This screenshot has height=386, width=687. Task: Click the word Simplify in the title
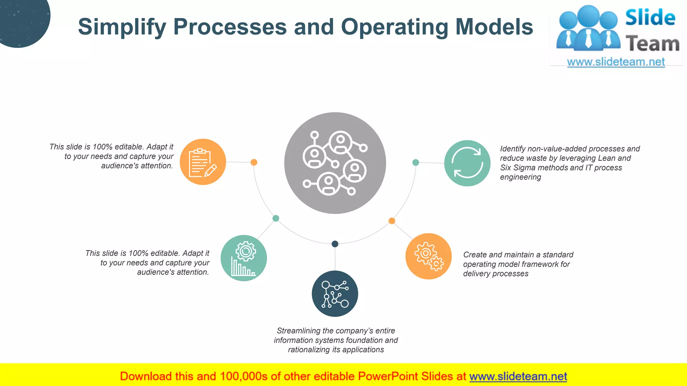[x=122, y=27]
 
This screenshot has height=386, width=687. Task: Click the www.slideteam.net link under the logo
[x=616, y=62]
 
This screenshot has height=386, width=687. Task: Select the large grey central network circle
[x=335, y=163]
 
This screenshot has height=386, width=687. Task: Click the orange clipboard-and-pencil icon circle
[x=203, y=162]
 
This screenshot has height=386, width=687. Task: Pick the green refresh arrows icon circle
[x=467, y=163]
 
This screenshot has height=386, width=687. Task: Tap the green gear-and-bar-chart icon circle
[x=244, y=258]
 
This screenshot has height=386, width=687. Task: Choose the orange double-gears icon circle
[x=428, y=256]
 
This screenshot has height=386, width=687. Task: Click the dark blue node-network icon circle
[x=335, y=294]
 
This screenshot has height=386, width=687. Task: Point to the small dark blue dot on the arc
[x=335, y=244]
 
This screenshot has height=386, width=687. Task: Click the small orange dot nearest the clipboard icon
[x=254, y=162]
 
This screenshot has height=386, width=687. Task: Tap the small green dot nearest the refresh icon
[x=416, y=163]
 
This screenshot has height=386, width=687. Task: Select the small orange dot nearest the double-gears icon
[x=392, y=221]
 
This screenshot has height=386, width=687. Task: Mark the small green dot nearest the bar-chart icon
[x=276, y=218]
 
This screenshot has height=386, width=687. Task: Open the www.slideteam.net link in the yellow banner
[x=518, y=376]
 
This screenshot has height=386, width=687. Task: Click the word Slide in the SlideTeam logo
[x=650, y=17]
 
